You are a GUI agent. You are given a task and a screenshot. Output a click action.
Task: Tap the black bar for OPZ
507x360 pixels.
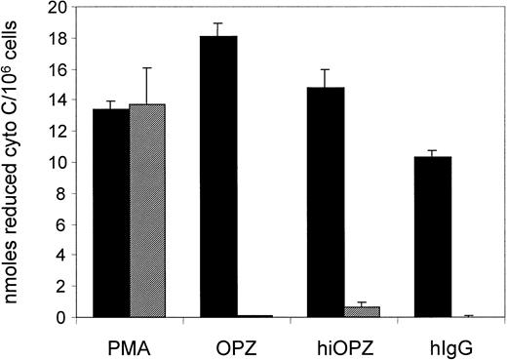pos(218,177)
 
